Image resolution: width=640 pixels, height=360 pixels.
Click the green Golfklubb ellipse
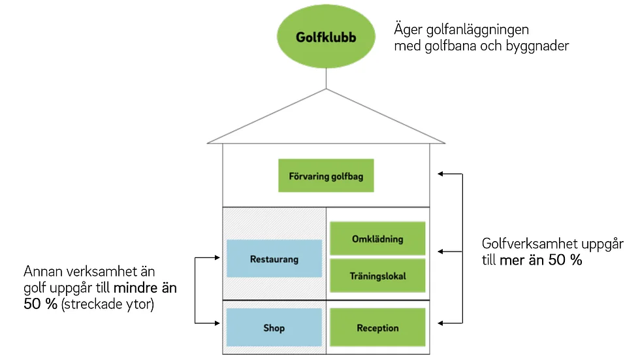[326, 37]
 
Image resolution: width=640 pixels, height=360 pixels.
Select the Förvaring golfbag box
[326, 176]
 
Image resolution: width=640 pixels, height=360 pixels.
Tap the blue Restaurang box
[274, 259]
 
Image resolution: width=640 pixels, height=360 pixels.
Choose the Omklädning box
[377, 238]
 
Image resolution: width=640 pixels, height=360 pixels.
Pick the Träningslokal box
[377, 276]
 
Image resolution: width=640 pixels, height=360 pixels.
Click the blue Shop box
[274, 327]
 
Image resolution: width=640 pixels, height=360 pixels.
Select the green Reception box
[377, 327]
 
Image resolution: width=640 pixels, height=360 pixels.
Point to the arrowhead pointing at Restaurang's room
[217, 257]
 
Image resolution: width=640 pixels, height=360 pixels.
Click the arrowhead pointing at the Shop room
[217, 323]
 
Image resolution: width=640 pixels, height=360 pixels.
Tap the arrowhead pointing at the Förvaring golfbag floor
[440, 174]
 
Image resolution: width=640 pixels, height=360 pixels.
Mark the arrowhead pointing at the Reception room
[440, 323]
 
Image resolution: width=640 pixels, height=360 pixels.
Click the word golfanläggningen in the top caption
[477, 30]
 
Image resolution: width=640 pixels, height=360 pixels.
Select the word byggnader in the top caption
[537, 46]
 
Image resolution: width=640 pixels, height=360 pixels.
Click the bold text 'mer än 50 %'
[541, 259]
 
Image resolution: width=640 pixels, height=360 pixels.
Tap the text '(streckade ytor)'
[107, 304]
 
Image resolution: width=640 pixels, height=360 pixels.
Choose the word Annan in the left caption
[43, 271]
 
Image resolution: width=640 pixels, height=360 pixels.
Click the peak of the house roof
[326, 89]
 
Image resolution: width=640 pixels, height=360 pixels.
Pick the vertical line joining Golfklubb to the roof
[326, 78]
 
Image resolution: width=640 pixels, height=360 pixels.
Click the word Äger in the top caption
[408, 29]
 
